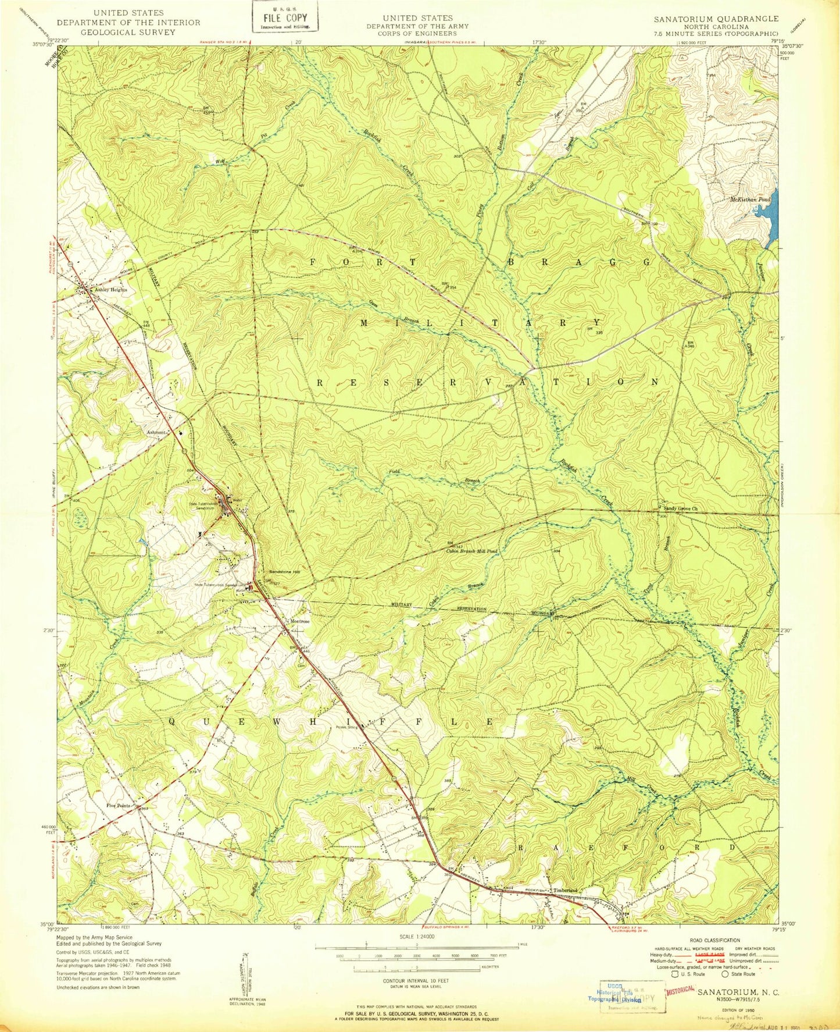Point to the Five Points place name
(x=118, y=806)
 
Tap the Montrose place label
(x=300, y=621)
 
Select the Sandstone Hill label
(x=284, y=572)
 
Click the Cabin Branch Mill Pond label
(x=471, y=550)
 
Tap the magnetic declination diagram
(x=246, y=978)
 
